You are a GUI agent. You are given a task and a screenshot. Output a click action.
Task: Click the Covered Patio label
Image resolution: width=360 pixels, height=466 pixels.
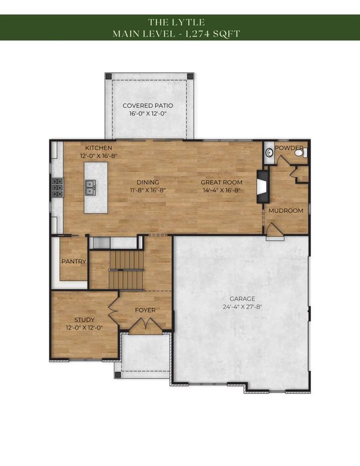[x=148, y=105]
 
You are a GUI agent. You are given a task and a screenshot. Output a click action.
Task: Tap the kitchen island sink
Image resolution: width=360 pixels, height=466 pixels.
[x=90, y=187]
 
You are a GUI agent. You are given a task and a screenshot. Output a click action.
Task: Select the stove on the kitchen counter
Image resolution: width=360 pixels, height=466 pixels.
[x=58, y=187]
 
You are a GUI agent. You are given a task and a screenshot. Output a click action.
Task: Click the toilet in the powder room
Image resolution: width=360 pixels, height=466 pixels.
[x=301, y=153]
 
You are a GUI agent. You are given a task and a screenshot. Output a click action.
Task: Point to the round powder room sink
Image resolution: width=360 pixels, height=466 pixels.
[x=269, y=153]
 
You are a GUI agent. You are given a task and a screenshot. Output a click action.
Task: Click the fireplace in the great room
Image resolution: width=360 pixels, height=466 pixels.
[x=263, y=186]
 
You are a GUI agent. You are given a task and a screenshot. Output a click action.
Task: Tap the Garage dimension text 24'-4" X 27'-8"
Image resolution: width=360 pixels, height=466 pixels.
[x=243, y=307]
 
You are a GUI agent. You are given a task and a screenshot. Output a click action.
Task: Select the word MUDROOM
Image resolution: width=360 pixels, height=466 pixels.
[x=286, y=211]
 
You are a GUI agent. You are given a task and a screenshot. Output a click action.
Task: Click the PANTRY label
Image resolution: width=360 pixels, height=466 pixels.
[x=74, y=262]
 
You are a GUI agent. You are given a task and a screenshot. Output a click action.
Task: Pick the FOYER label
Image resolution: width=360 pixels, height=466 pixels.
[x=145, y=310]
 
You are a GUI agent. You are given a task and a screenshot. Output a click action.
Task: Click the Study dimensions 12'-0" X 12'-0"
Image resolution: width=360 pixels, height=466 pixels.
[x=84, y=328]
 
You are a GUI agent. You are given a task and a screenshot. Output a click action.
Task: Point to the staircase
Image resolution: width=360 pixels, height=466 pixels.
[x=126, y=270]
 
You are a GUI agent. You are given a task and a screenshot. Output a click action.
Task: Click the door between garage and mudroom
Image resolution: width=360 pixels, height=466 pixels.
[x=275, y=232]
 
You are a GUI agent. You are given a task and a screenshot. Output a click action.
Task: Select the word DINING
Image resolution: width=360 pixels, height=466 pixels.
[x=148, y=182]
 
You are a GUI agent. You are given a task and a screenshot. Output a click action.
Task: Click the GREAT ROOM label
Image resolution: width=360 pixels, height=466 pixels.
[x=222, y=182]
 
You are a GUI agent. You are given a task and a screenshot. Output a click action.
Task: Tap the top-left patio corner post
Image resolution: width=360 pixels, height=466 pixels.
[x=109, y=76]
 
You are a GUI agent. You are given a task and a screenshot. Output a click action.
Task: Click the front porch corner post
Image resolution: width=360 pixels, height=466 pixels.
[x=118, y=375]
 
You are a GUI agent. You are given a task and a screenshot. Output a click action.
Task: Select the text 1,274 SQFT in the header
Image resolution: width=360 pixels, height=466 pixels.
[x=213, y=34]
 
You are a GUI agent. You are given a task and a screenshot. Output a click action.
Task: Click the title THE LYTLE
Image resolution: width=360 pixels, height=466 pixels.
[x=177, y=22]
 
